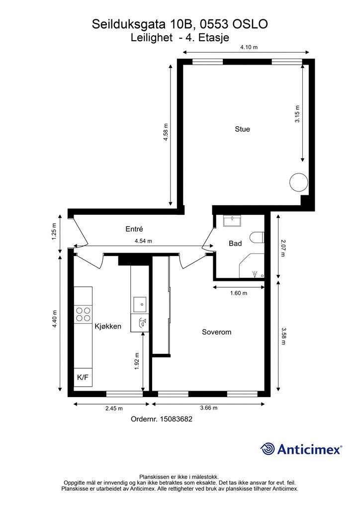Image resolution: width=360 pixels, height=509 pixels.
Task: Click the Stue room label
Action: coord(242,129)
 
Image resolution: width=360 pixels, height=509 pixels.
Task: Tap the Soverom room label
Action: coord(216,332)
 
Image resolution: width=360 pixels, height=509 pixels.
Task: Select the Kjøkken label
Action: coord(108,326)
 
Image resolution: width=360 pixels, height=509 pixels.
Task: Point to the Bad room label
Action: coord(235,243)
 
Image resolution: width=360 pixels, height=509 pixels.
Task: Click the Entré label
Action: coord(134,229)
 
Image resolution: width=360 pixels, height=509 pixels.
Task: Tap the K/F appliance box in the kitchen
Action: coord(83,378)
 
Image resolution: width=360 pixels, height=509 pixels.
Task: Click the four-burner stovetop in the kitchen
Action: coord(83,314)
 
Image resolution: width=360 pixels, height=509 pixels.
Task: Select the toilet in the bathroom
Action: coord(258,237)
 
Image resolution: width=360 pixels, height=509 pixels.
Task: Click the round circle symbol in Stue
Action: coord(298,182)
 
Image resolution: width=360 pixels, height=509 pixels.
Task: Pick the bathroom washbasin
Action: coord(232,221)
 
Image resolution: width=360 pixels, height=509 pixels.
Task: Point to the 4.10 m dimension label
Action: coord(249,47)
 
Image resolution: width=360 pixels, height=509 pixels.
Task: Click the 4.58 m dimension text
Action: coord(166,132)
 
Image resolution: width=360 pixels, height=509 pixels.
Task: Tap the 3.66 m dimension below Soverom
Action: coord(209,408)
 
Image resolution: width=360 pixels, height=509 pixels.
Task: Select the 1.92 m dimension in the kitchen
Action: coord(137,361)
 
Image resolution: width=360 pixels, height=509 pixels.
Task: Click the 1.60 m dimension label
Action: coord(239,293)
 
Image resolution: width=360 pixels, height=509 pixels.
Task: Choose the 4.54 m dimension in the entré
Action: coord(143,241)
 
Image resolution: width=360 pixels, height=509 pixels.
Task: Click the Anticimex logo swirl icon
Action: coord(268,449)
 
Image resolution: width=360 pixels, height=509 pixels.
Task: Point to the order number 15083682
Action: coord(176,419)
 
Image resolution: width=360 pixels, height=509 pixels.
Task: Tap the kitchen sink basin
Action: coord(140,305)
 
